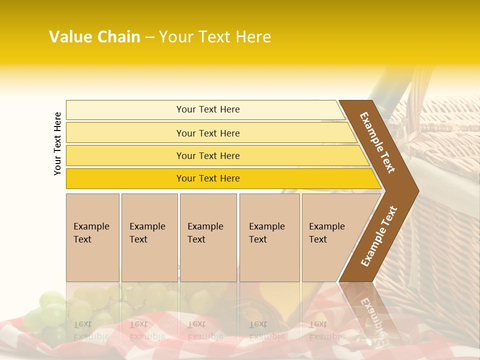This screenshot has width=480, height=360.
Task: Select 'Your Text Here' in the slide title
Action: point(215,37)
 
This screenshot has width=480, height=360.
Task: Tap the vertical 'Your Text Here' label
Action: point(57,143)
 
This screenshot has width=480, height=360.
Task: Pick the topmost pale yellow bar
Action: point(207,109)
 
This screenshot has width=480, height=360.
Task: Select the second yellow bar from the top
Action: point(207,133)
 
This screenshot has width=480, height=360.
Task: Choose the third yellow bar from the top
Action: point(207,155)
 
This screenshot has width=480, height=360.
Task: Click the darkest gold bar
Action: point(207,178)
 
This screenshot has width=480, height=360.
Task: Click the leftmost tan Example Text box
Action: point(92,237)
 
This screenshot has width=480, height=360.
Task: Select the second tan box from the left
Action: point(149,237)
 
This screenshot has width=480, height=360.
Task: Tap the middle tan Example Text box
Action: point(208,237)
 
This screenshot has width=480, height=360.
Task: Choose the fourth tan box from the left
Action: point(269,237)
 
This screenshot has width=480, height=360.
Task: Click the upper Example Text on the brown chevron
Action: point(377,142)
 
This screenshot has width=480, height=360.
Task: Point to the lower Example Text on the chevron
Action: point(378,236)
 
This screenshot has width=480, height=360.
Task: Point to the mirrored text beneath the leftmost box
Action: point(91,330)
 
